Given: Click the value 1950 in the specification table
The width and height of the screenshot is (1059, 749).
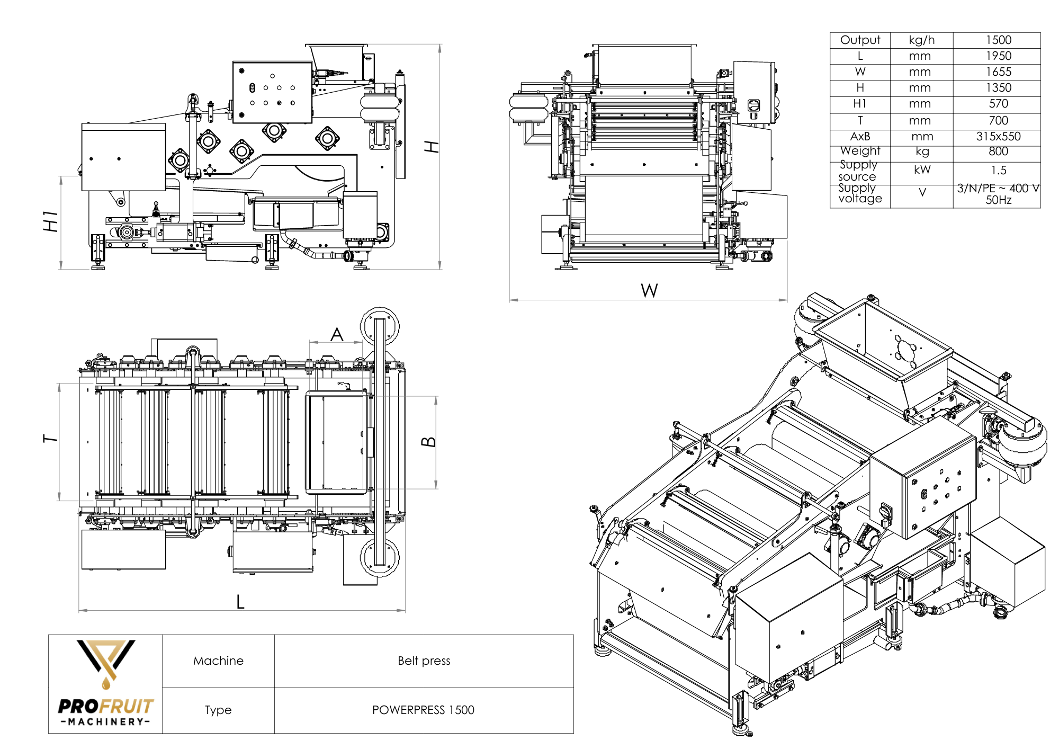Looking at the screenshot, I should [998, 56].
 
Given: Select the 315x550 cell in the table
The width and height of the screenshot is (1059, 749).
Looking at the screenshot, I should [998, 137].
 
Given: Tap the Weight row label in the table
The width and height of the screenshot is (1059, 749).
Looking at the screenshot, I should [860, 151].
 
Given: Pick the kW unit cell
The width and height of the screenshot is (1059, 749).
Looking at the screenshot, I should [922, 170].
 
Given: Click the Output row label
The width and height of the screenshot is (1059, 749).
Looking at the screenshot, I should [860, 40].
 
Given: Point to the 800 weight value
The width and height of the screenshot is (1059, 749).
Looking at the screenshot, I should [998, 151].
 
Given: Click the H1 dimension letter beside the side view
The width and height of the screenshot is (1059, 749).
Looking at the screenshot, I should [50, 221].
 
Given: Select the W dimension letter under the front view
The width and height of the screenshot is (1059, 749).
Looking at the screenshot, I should [649, 290].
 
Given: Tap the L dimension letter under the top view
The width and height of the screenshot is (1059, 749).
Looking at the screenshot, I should [240, 602].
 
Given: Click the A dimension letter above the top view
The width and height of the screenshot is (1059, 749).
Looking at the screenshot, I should [337, 334].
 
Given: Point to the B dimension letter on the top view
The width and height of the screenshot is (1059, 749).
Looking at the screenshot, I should [429, 442].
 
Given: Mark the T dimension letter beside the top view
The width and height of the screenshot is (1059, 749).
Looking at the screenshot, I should [50, 439].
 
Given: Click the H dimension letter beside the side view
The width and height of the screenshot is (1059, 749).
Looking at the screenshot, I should [432, 147].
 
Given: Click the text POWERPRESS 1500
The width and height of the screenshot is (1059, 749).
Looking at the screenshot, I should [423, 710].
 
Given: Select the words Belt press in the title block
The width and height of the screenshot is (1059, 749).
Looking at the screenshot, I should [424, 661].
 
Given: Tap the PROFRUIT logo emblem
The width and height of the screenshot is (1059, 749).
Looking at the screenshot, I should [106, 662].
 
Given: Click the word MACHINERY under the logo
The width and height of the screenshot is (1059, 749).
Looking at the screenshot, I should [105, 721].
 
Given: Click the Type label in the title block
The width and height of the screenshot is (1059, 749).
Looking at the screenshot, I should [218, 710].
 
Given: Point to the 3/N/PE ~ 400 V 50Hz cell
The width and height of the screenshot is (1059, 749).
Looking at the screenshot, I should [998, 194].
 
